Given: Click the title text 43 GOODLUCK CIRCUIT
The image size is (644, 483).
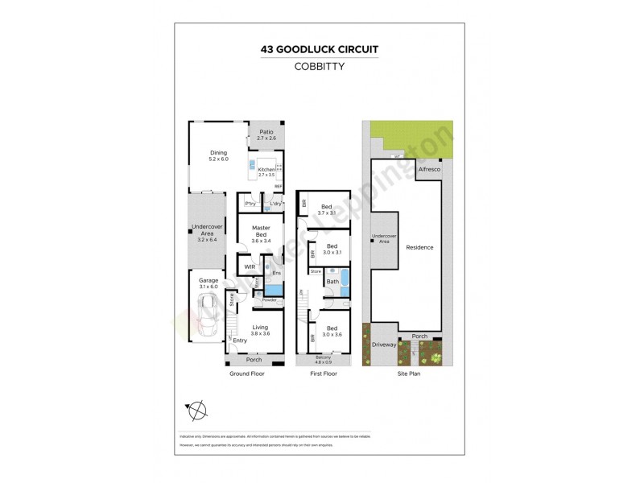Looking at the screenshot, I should tap(320, 49).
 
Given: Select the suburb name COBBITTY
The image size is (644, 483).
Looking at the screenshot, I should tap(320, 67).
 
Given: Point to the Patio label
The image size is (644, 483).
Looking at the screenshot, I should tap(266, 134).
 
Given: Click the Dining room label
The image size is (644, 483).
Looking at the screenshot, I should tap(219, 152).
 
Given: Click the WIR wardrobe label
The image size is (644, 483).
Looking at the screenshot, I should tap(250, 266).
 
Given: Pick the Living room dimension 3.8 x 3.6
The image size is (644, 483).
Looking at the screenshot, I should tap(260, 333).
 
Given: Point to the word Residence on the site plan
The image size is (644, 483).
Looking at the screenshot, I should tap(419, 247).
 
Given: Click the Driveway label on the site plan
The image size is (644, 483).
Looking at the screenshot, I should tap(384, 345).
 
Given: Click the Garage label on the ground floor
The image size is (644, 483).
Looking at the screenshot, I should tap(208, 281).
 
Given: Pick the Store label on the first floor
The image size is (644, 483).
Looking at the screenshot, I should tap(316, 272).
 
